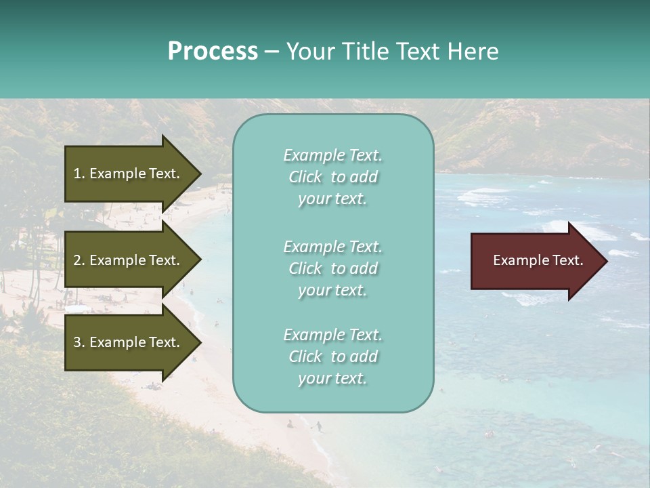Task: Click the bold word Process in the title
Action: tap(213, 52)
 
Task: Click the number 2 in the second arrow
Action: tap(77, 260)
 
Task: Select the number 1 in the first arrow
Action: tap(77, 174)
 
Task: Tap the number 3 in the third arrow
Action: tap(77, 342)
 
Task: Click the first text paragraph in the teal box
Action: tap(332, 177)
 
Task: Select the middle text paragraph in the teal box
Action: tap(332, 268)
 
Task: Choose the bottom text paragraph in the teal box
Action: tap(332, 357)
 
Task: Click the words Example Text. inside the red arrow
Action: tap(538, 260)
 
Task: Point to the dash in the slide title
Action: tap(272, 52)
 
